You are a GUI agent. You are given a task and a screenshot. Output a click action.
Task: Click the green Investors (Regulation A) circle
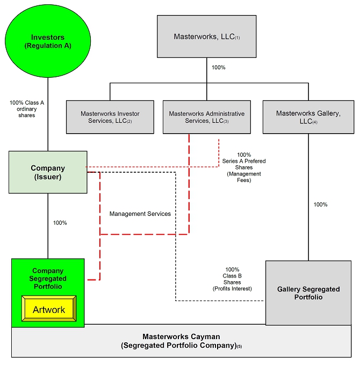[x=47, y=41]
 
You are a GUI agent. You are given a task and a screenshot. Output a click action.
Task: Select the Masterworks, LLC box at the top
[x=206, y=36]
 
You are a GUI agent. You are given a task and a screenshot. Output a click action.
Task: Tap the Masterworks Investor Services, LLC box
[x=110, y=117]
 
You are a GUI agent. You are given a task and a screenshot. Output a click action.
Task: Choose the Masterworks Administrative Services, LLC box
[x=206, y=117]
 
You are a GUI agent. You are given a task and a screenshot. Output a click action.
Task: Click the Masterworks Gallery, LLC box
[x=308, y=116]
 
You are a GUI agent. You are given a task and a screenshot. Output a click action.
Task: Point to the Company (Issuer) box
[x=48, y=172]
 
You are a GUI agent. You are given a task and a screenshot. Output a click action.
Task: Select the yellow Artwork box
[x=49, y=310]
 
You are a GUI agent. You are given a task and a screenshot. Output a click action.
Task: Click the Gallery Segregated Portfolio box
[x=308, y=293]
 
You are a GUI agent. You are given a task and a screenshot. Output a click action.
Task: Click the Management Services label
[x=140, y=214]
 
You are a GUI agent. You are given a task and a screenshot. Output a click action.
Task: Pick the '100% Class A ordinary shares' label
[x=22, y=108]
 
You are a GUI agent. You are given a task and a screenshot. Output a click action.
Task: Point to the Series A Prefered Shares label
[x=243, y=164]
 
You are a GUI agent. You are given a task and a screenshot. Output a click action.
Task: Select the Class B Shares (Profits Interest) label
[x=232, y=279]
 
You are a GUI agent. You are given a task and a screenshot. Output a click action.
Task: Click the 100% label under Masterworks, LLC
[x=218, y=68]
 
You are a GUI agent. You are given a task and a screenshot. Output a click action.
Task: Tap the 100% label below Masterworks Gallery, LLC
[x=320, y=204]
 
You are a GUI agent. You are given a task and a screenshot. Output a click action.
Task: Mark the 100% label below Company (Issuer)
[x=60, y=223]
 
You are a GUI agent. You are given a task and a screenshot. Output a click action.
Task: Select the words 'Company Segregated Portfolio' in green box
[x=48, y=279]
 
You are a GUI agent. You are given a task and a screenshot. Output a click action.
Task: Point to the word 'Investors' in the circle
[x=47, y=37]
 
